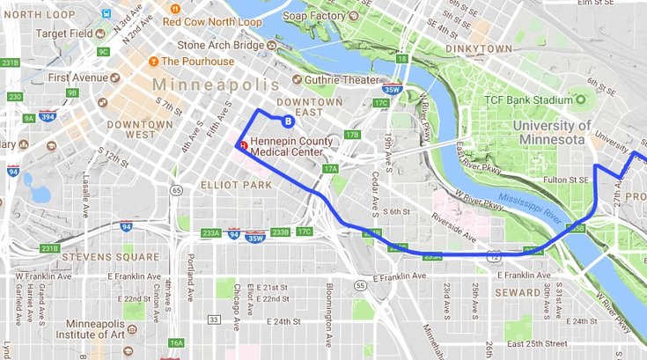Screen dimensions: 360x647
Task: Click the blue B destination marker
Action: coord(286,121)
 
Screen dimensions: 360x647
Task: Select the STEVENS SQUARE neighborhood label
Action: coord(98,258)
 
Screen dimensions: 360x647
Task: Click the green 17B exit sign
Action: coord(352,135)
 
